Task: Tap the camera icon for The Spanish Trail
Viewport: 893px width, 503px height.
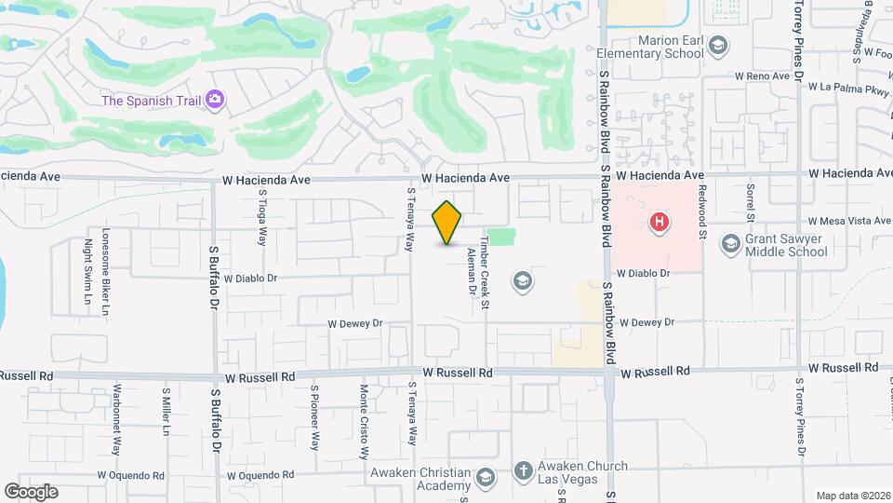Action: pos(215,99)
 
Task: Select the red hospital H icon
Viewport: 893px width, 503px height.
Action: pos(660,223)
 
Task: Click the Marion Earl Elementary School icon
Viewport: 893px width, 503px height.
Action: pos(717,45)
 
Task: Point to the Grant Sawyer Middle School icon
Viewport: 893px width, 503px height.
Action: pos(731,243)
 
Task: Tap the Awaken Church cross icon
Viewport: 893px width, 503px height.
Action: pos(523,471)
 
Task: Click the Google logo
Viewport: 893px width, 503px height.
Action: pos(31,492)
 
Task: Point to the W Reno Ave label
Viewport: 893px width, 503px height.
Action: pos(761,75)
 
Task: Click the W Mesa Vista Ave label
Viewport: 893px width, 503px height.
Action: pos(849,222)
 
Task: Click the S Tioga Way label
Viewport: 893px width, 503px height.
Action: pos(263,215)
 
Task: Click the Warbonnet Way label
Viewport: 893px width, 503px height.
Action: pos(118,418)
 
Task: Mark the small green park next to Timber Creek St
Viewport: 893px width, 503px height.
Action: pos(501,238)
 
